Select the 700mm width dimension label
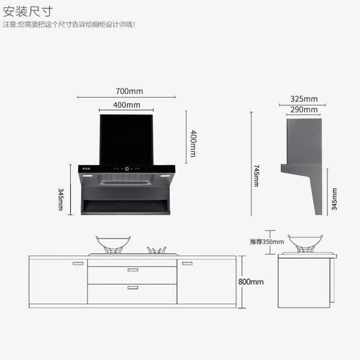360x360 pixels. (x=129, y=91)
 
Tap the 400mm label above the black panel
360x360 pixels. (x=126, y=105)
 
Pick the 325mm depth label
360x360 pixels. (x=304, y=99)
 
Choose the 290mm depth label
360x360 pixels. (x=304, y=109)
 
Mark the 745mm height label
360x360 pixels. (x=256, y=175)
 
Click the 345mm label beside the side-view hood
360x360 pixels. (x=334, y=199)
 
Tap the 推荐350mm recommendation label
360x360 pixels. (x=267, y=242)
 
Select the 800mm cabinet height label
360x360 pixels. (x=251, y=282)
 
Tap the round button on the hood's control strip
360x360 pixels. (x=127, y=169)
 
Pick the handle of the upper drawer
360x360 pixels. (x=132, y=270)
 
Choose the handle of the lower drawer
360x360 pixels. (x=132, y=287)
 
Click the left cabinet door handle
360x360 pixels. (x=78, y=263)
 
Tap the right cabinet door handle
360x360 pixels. (x=187, y=263)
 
